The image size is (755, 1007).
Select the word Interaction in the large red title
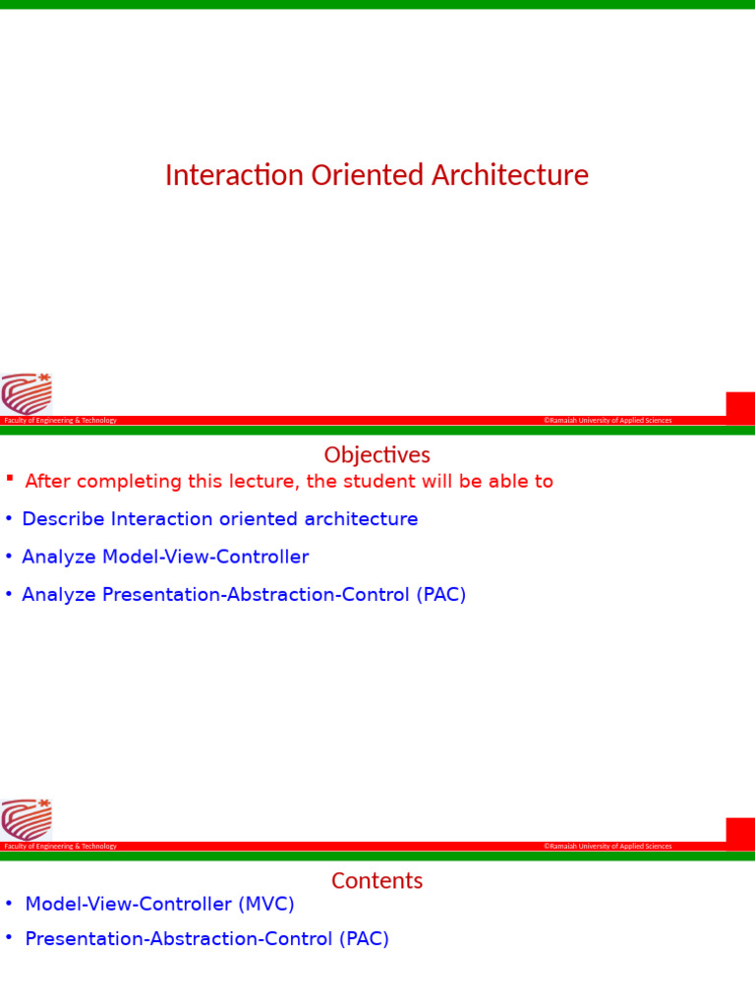pyautogui.click(x=234, y=176)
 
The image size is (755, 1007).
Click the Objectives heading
pyautogui.click(x=377, y=455)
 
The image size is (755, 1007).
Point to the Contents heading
pyautogui.click(x=377, y=881)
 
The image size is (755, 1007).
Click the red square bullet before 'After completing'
pyautogui.click(x=10, y=479)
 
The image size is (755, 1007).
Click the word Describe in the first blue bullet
pyautogui.click(x=64, y=519)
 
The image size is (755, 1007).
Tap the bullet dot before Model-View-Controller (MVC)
pyautogui.click(x=9, y=904)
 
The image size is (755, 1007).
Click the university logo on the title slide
pyautogui.click(x=27, y=393)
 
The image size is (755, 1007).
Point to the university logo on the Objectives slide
pyautogui.click(x=27, y=819)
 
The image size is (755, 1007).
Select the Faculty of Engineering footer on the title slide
pyautogui.click(x=61, y=421)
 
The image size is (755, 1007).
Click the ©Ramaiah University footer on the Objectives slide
pyautogui.click(x=608, y=847)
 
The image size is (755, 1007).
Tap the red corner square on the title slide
pyautogui.click(x=740, y=404)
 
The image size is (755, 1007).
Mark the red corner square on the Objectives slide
pyautogui.click(x=740, y=830)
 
